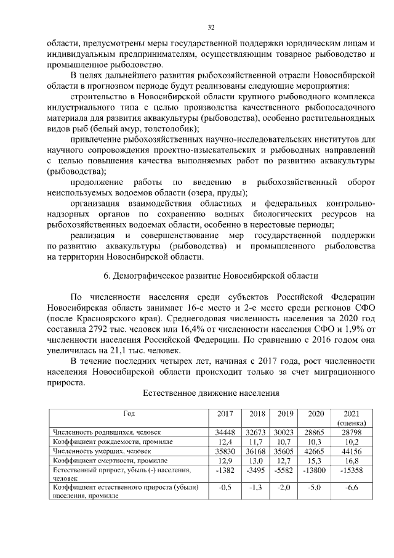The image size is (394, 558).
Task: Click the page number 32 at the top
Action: tap(211, 27)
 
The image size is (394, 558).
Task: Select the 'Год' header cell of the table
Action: tap(129, 414)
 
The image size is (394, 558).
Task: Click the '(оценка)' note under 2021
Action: tap(352, 423)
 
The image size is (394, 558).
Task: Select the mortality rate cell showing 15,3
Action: tap(316, 460)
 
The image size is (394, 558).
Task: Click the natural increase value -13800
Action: tap(316, 470)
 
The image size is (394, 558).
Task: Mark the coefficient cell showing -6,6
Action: tap(352, 487)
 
